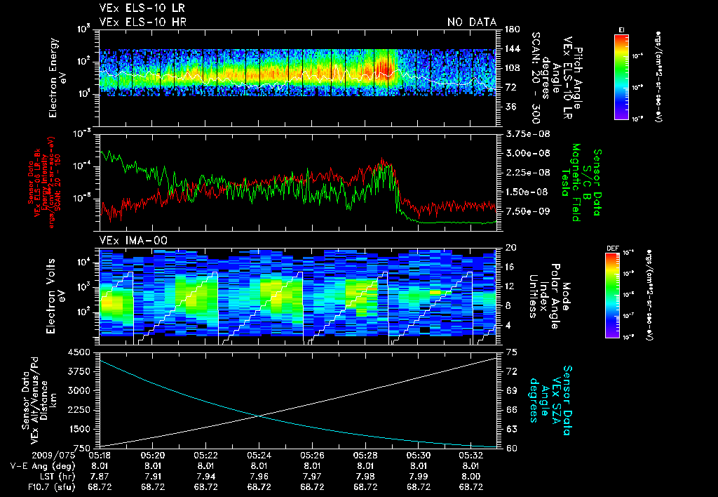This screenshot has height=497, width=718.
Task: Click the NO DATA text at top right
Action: pos(472,22)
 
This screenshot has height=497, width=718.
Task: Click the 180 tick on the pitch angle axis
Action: pos(511,29)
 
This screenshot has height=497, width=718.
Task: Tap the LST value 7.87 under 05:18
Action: pos(100,475)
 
